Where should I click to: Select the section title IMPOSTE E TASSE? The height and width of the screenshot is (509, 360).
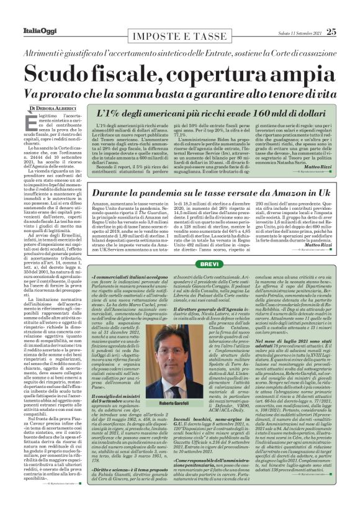click(179, 14)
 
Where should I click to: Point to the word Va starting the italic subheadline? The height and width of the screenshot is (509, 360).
click(45, 92)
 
